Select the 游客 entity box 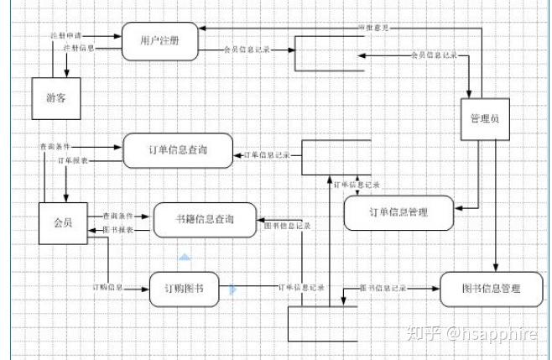pyautogui.click(x=57, y=98)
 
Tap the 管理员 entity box pyautogui.click(x=484, y=120)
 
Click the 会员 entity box pyautogui.click(x=62, y=223)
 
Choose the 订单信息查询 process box pyautogui.click(x=178, y=150)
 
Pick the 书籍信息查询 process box pyautogui.click(x=205, y=220)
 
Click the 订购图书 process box pyautogui.click(x=185, y=289)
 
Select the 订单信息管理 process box pyautogui.click(x=398, y=212)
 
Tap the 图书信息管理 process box pyautogui.click(x=491, y=290)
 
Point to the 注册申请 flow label pyautogui.click(x=65, y=37)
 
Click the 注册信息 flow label pyautogui.click(x=79, y=49)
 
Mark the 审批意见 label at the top pyautogui.click(x=373, y=28)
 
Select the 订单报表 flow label pyautogui.click(x=72, y=159)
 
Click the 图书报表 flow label pyautogui.click(x=118, y=229)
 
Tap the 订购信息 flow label pyautogui.click(x=108, y=288)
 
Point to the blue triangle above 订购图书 pyautogui.click(x=185, y=257)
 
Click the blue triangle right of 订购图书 pyautogui.click(x=233, y=290)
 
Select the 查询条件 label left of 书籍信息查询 pyautogui.click(x=118, y=216)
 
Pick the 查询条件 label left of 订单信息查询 pyautogui.click(x=55, y=146)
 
